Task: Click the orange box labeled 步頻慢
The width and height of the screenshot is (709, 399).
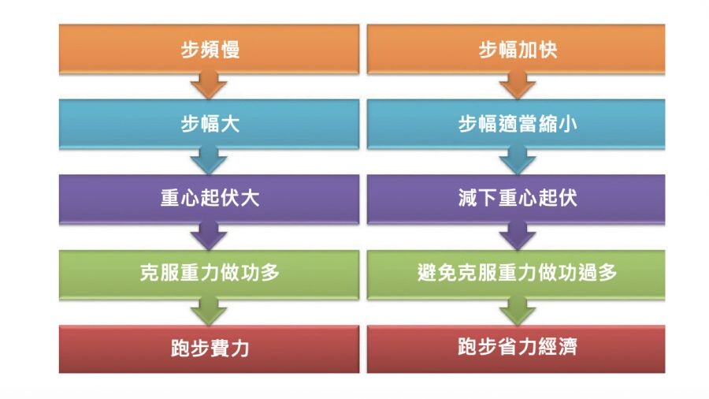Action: [209, 49]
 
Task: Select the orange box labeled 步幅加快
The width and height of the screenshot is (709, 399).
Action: [516, 49]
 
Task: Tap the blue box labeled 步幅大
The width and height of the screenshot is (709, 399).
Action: [209, 124]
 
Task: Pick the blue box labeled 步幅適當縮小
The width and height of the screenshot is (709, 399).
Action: [516, 124]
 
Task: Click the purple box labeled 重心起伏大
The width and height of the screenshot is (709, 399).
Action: [209, 198]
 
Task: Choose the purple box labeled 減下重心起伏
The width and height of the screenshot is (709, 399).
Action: [516, 198]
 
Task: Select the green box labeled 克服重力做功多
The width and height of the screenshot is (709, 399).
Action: [209, 273]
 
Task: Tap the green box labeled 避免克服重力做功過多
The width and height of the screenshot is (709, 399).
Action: [516, 273]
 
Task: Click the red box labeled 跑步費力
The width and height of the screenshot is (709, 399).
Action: [209, 348]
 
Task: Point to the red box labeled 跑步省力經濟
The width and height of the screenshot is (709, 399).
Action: [516, 348]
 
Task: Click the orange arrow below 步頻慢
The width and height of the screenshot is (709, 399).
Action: [209, 85]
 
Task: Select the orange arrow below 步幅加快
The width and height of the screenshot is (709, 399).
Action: [517, 85]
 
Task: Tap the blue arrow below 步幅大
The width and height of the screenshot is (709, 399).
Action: [209, 160]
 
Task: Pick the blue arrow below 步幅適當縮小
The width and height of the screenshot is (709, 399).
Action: [517, 160]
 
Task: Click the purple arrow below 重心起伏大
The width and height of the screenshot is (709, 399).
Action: [209, 235]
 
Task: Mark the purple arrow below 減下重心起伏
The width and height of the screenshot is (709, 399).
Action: [517, 235]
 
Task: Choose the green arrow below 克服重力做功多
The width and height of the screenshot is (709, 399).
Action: [209, 310]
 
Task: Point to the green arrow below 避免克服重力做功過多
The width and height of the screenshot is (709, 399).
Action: [517, 310]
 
